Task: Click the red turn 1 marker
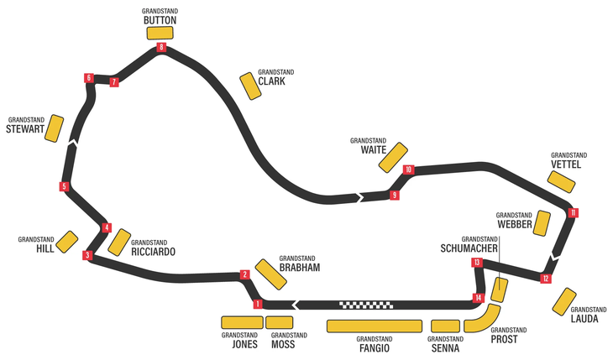pos(258,304)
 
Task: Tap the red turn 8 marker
pos(160,48)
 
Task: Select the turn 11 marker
pos(573,212)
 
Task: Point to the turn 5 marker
pos(64,186)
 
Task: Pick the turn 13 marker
pos(476,263)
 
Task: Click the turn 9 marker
pos(393,196)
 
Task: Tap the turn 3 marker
pos(86,255)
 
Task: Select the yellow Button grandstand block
pos(160,33)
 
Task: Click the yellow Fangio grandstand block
pos(374,326)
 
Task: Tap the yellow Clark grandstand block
pos(250,86)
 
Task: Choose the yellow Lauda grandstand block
pos(563,302)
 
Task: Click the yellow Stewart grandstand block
pos(55,128)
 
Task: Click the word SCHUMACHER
pos(469,248)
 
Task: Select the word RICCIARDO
pos(154,252)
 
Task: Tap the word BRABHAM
pos(301,268)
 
